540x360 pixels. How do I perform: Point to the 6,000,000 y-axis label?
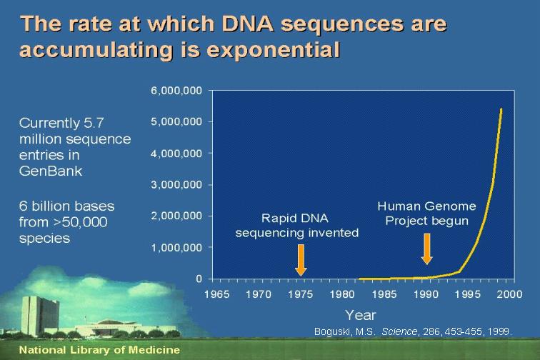tap(176, 91)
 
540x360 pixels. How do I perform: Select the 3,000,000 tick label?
tap(176, 185)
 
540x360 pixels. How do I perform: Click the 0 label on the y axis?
tap(199, 279)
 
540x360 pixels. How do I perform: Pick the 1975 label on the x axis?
tap(300, 294)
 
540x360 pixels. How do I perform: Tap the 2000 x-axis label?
tap(510, 294)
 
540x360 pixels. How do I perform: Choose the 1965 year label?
tap(216, 294)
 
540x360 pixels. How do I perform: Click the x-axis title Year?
tap(361, 315)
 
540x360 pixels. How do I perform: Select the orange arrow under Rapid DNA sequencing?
tap(301, 260)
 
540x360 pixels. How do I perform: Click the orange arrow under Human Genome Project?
tap(426, 249)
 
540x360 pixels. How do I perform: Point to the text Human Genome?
tap(426, 206)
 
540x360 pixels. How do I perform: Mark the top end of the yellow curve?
tap(501, 109)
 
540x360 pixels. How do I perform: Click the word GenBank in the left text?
tap(51, 171)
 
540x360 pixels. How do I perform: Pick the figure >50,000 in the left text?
tap(84, 222)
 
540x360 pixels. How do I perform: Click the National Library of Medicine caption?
tap(99, 350)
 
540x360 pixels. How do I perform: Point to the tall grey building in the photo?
tap(40, 316)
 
